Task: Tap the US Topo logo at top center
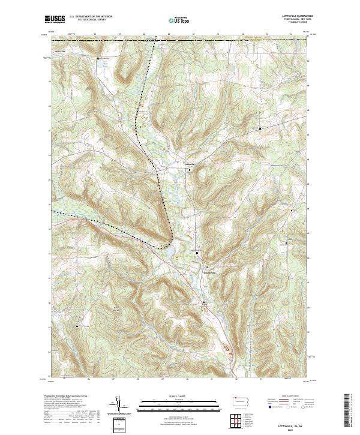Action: click(177, 20)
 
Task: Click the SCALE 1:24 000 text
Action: click(178, 396)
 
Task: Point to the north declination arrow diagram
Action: click(121, 406)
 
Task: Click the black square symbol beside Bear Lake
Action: click(99, 58)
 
